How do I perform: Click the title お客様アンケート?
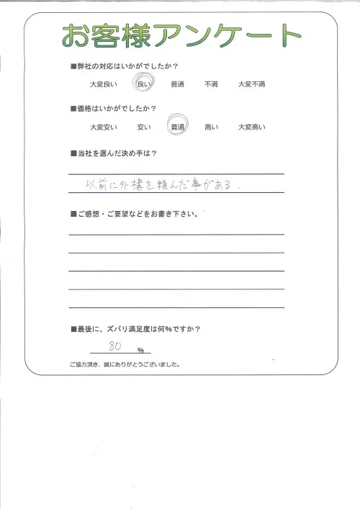coord(180,35)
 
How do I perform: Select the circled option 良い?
coord(142,85)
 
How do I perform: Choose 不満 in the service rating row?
coord(211,85)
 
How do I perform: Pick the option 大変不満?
coord(251,85)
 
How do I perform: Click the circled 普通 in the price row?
coord(177,127)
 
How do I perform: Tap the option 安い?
coord(143,127)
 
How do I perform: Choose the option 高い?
coord(211,127)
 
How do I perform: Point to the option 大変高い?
coord(251,127)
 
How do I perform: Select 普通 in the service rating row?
coord(177,85)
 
